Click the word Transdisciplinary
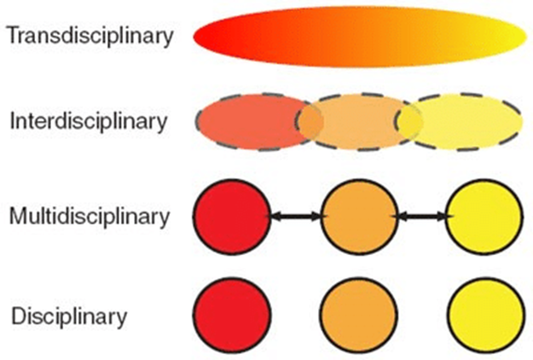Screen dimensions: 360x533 click(89, 36)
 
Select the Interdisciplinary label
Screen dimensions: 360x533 click(88, 121)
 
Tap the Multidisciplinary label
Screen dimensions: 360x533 click(90, 217)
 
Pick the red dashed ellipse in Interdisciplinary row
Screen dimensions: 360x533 click(247, 122)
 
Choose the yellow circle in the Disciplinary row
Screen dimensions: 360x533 click(484, 311)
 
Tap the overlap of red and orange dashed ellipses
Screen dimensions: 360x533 click(309, 122)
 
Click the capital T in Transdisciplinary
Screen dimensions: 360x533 click(11, 36)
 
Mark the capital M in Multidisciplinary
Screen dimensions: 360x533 click(18, 217)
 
